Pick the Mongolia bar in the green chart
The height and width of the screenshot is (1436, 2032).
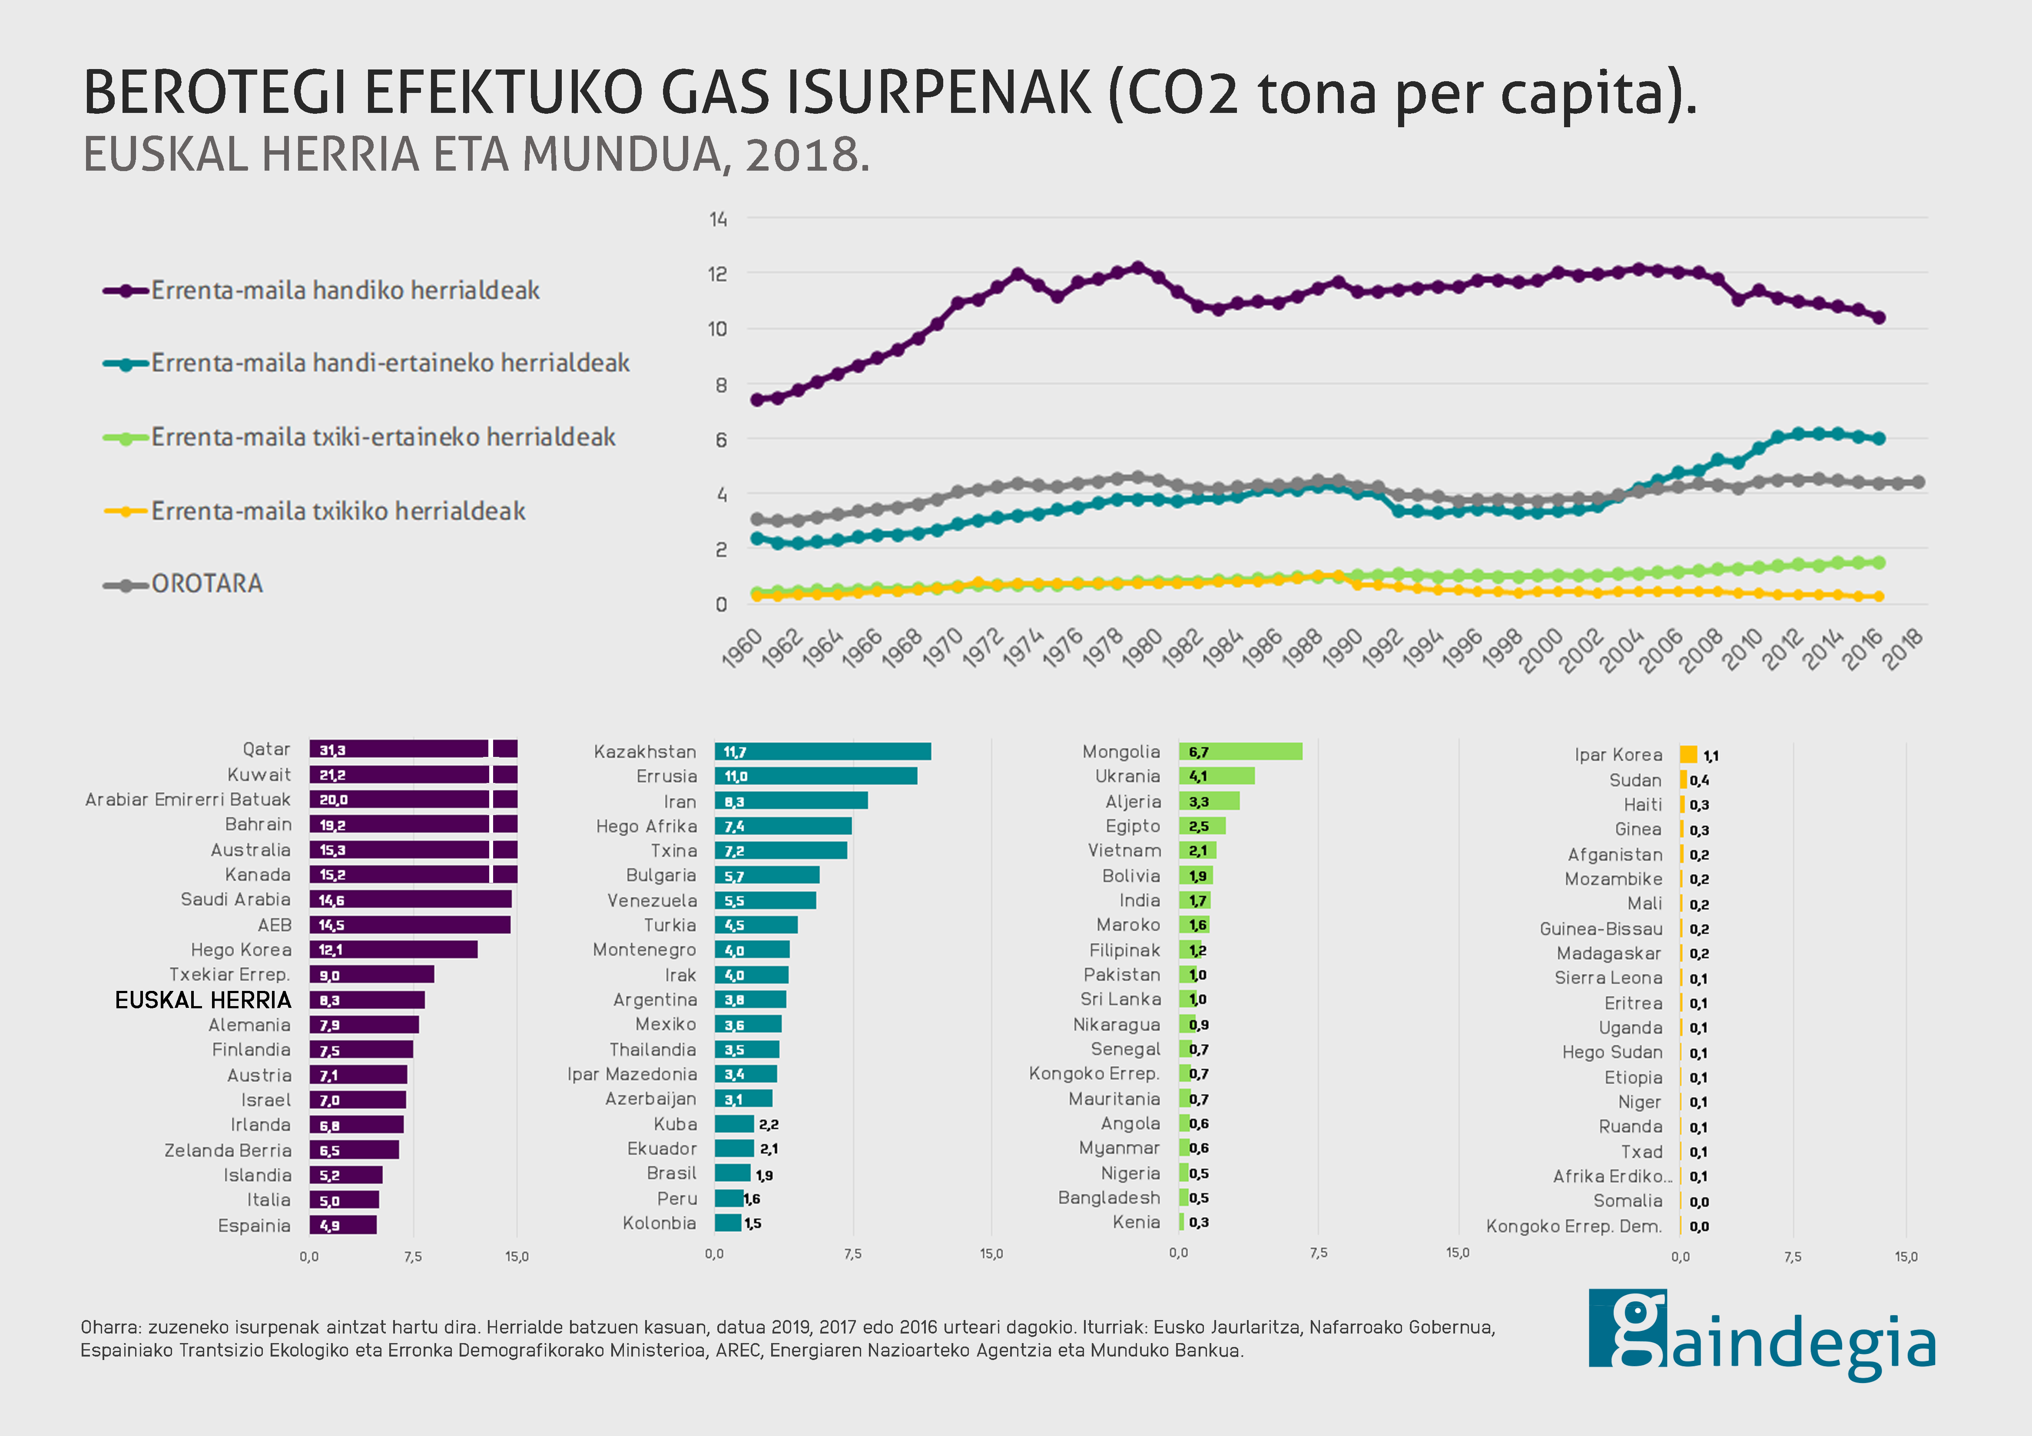pos(1240,751)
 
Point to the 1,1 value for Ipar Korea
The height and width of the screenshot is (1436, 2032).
pos(1711,756)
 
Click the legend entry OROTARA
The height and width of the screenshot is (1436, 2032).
pos(207,584)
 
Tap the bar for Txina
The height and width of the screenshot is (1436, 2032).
pos(781,850)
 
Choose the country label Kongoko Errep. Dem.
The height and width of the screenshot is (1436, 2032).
pos(1574,1226)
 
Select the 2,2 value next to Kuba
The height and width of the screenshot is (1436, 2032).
pos(768,1125)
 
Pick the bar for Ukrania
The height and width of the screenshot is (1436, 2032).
pos(1216,776)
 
